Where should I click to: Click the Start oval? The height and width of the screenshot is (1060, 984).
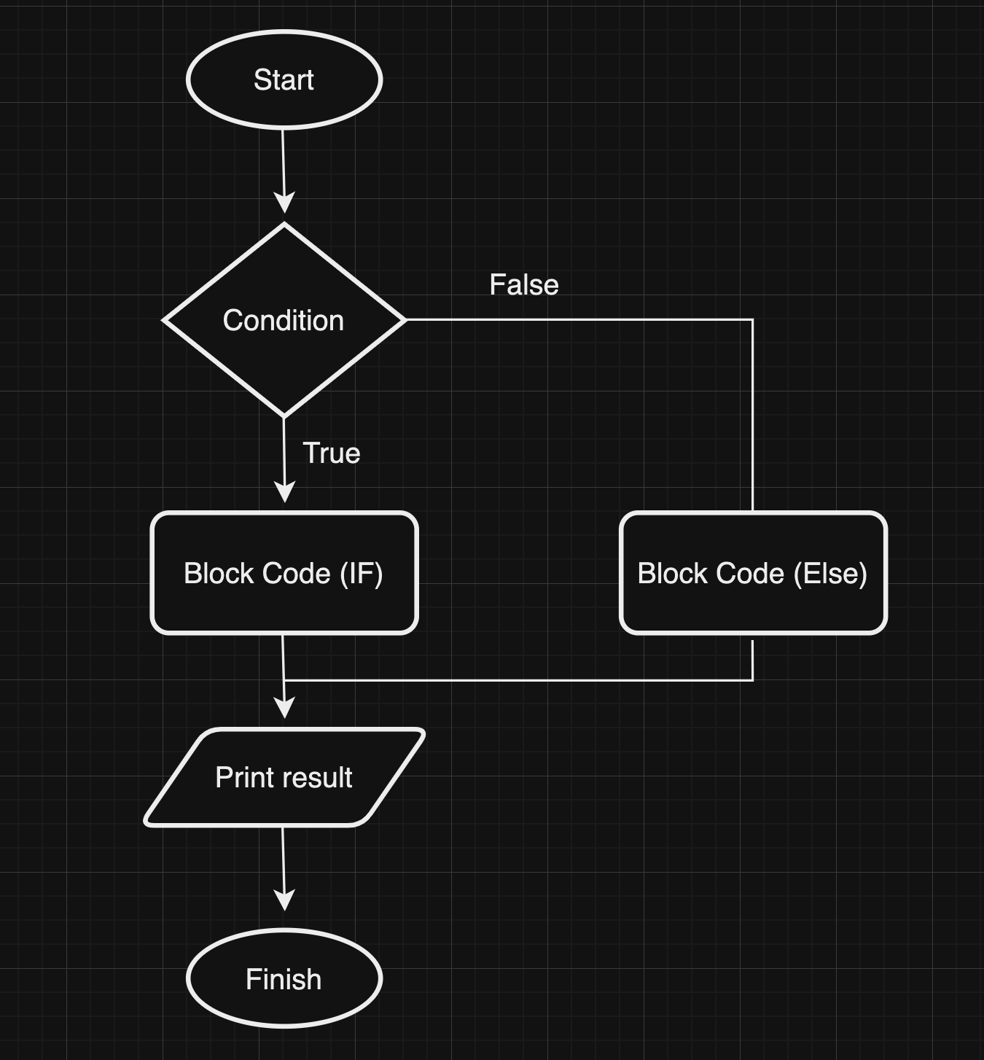pyautogui.click(x=284, y=79)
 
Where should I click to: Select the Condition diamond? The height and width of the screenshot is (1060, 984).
pyautogui.click(x=284, y=320)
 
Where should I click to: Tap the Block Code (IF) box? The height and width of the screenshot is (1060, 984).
pyautogui.click(x=284, y=573)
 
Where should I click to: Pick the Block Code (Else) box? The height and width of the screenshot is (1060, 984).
pyautogui.click(x=753, y=573)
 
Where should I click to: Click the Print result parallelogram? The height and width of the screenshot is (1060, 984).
pyautogui.click(x=284, y=777)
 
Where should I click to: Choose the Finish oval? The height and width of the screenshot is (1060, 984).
pyautogui.click(x=284, y=978)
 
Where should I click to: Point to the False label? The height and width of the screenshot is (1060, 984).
pyautogui.click(x=524, y=285)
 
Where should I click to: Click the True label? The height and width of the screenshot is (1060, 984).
pyautogui.click(x=332, y=453)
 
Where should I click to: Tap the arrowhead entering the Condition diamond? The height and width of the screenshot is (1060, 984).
pyautogui.click(x=284, y=203)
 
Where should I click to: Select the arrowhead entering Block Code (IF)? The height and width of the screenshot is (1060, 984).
pyautogui.click(x=284, y=492)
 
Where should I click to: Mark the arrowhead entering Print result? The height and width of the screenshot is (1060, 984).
pyautogui.click(x=284, y=708)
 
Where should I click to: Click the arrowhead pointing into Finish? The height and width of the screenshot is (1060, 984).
pyautogui.click(x=284, y=900)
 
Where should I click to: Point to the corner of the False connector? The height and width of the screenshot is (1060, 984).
pyautogui.click(x=752, y=319)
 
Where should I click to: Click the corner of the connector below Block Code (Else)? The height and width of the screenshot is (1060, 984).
pyautogui.click(x=752, y=680)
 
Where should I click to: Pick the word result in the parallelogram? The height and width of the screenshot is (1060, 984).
pyautogui.click(x=319, y=778)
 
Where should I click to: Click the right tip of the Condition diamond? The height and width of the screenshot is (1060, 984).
pyautogui.click(x=405, y=319)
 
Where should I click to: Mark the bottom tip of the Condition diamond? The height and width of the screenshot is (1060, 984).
pyautogui.click(x=284, y=416)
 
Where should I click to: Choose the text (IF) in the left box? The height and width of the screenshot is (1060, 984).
pyautogui.click(x=362, y=574)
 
